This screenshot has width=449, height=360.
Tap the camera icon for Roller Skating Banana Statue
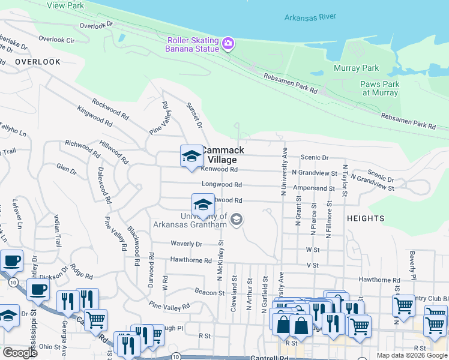pyautogui.click(x=228, y=43)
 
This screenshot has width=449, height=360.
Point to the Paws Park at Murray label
pyautogui.click(x=379, y=89)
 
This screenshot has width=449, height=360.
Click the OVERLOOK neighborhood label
pyautogui.click(x=38, y=62)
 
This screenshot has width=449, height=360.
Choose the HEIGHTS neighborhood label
pyautogui.click(x=365, y=219)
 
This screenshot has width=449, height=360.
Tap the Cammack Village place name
pyautogui.click(x=222, y=155)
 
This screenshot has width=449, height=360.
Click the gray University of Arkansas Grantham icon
pyautogui.click(x=237, y=220)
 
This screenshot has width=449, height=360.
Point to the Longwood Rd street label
pyautogui.click(x=222, y=185)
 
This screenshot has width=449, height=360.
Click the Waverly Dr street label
pyautogui.click(x=187, y=244)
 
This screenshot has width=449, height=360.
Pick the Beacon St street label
pyautogui.click(x=209, y=292)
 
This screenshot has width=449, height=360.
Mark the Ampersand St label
pyautogui.click(x=313, y=188)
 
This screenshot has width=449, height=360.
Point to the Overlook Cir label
pyautogui.click(x=56, y=40)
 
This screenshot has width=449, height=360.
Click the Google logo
pyautogui.click(x=20, y=353)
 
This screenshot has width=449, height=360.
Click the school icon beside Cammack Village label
pyautogui.click(x=191, y=156)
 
